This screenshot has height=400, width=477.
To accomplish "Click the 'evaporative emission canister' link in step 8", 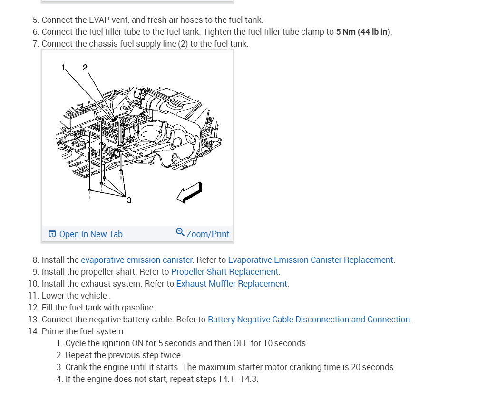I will click(136, 260).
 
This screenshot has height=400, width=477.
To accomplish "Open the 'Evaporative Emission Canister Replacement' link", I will click(311, 260).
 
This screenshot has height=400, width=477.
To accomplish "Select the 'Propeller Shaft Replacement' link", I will click(225, 272).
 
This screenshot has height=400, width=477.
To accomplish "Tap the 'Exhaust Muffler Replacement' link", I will click(232, 284).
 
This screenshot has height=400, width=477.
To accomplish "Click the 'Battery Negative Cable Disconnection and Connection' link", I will click(309, 320).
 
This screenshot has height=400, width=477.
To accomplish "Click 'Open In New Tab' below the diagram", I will click(90, 234).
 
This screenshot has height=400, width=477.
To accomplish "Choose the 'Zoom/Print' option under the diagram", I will click(207, 234).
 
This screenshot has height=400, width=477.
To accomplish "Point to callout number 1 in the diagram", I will click(63, 68).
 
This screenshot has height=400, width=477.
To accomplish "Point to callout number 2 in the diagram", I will click(85, 68).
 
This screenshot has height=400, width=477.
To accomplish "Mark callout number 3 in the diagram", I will click(129, 200).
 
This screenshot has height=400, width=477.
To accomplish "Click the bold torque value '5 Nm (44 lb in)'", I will click(363, 32).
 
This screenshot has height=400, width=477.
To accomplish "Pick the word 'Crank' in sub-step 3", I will click(76, 367).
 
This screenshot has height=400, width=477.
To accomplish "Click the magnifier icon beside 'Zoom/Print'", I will click(180, 232).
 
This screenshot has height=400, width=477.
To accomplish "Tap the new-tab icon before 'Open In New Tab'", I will click(52, 234).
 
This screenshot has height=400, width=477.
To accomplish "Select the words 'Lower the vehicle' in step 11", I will click(74, 296).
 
